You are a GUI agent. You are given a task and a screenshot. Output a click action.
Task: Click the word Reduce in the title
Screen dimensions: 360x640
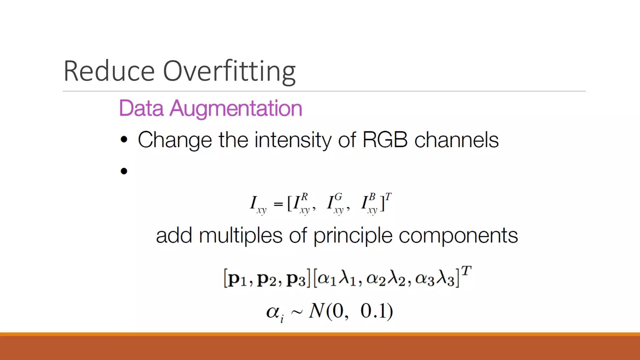(109, 71)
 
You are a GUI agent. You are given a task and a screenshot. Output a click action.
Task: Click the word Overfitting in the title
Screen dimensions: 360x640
(229, 71)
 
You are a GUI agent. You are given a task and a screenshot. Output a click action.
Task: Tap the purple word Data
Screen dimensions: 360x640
(141, 108)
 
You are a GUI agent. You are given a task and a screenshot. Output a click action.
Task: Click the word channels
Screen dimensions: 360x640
(456, 140)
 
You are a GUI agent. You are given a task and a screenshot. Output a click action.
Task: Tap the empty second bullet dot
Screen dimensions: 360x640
(124, 171)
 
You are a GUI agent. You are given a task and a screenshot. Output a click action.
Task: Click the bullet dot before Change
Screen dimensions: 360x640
(124, 140)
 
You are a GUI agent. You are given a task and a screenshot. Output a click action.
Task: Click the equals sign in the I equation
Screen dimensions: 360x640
(278, 204)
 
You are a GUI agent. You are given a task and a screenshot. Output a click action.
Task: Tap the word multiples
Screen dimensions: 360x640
(241, 236)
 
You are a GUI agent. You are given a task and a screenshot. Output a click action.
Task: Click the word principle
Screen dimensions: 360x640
(353, 236)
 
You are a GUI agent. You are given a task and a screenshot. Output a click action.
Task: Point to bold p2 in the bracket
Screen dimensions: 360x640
(267, 279)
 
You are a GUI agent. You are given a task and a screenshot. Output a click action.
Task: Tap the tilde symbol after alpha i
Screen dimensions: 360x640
(297, 312)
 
